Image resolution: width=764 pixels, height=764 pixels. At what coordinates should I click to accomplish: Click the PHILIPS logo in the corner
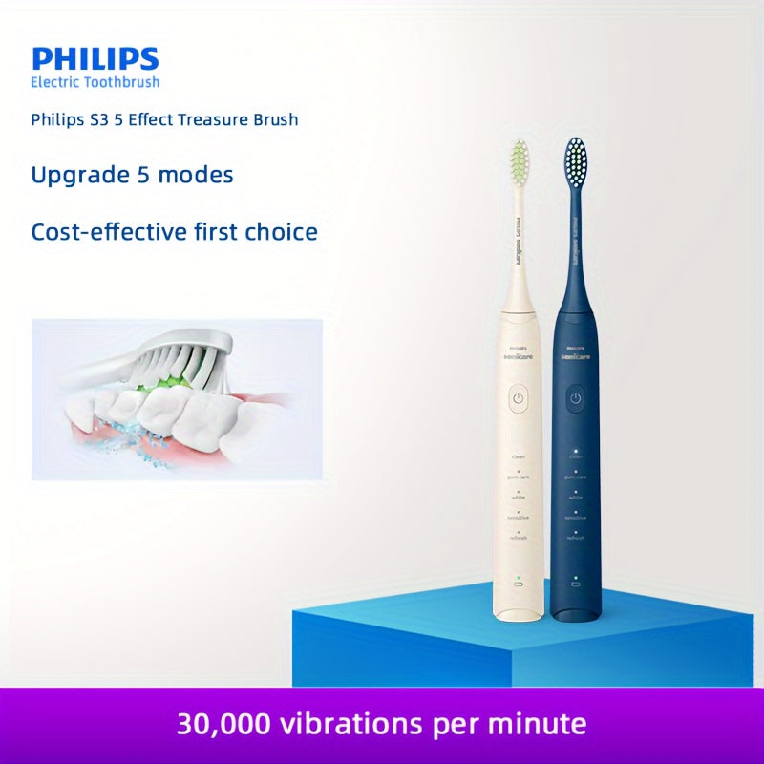(x=95, y=58)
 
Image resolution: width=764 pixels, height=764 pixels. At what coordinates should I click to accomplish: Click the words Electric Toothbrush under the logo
(x=95, y=83)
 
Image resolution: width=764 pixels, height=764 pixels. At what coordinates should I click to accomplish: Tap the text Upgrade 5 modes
(x=132, y=175)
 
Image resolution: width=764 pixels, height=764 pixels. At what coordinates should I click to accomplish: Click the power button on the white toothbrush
(x=518, y=398)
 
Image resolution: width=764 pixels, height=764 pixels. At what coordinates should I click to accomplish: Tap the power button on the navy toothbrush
(x=575, y=397)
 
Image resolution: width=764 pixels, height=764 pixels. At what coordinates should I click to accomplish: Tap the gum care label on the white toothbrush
(x=519, y=477)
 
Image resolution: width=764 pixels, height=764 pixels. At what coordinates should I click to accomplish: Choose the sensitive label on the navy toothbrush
(x=575, y=517)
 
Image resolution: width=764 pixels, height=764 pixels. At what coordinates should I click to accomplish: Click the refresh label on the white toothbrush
(x=519, y=538)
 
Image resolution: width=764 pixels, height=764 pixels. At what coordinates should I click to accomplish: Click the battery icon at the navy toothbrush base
(x=575, y=583)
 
